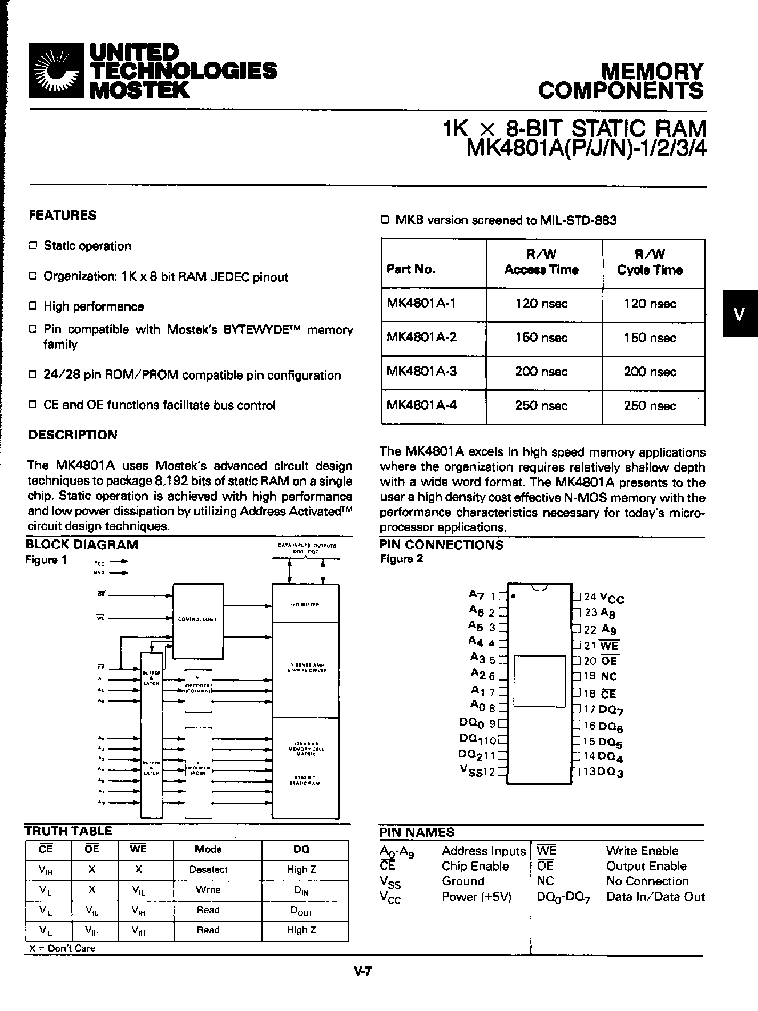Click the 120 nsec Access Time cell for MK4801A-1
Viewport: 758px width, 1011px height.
541,304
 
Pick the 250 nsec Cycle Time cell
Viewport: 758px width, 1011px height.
650,406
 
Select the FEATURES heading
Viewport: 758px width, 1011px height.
63,215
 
